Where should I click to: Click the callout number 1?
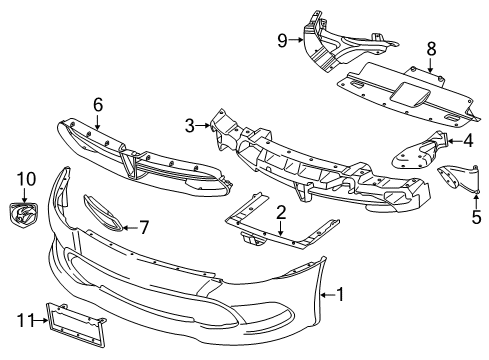click(340, 294)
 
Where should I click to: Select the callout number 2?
click(282, 211)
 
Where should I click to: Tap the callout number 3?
click(189, 125)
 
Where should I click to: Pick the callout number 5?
click(476, 214)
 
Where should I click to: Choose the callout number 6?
click(98, 103)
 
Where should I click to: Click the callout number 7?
click(144, 228)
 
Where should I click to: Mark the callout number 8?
click(432, 47)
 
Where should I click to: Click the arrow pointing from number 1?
click(325, 294)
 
